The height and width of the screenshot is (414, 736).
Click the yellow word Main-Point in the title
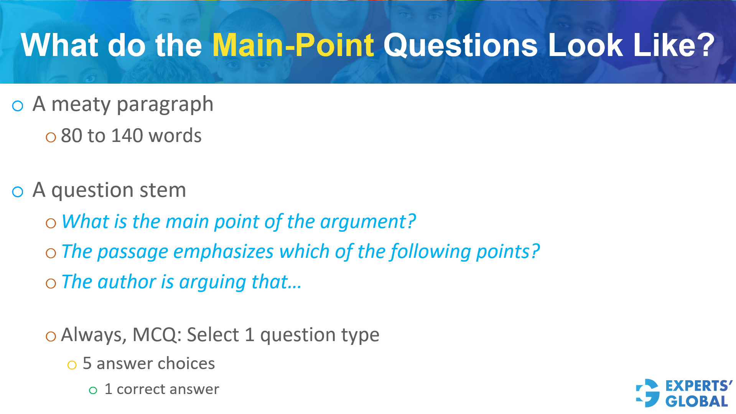(x=293, y=45)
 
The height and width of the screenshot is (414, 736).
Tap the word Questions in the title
(x=461, y=45)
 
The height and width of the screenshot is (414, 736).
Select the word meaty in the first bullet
(x=81, y=104)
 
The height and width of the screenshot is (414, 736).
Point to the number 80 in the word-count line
(x=71, y=136)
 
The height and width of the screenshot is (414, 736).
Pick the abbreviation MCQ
(x=155, y=335)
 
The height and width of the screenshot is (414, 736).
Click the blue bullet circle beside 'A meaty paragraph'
(x=18, y=106)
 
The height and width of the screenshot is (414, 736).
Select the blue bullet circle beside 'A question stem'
(x=18, y=192)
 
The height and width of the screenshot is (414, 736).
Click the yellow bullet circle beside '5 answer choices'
(x=72, y=365)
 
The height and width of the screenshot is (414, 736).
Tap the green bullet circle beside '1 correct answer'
(x=93, y=391)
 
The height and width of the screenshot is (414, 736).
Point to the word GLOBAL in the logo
(x=696, y=402)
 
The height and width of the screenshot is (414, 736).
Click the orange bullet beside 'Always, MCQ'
(x=51, y=336)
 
